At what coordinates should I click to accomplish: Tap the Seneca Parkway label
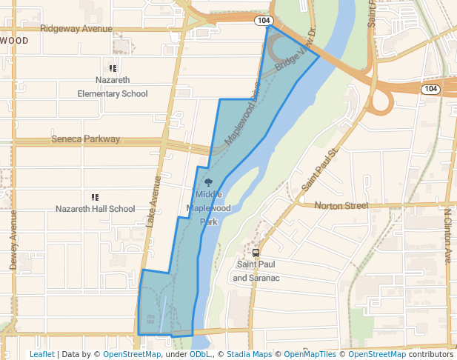click(86, 139)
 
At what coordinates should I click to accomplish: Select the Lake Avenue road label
click(153, 200)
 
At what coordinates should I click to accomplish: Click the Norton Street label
click(341, 204)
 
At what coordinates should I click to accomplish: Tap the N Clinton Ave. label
click(447, 236)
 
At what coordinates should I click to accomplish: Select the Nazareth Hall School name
click(96, 209)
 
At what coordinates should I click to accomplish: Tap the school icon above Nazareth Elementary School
click(113, 68)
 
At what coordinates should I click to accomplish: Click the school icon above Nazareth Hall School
click(95, 197)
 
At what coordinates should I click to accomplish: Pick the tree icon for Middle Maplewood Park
click(208, 182)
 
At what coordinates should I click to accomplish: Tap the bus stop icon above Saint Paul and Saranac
click(256, 252)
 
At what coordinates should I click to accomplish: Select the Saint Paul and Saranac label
click(256, 271)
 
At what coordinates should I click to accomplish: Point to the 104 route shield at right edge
click(431, 89)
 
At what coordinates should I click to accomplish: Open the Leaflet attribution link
click(41, 354)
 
